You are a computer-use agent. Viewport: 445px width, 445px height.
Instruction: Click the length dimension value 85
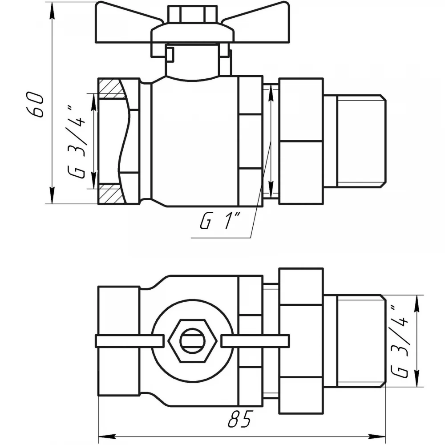pyautogui.click(x=240, y=418)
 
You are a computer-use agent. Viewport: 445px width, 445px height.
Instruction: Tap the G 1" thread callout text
pyautogui.click(x=221, y=222)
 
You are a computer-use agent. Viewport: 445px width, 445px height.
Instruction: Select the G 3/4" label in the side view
pyautogui.click(x=76, y=141)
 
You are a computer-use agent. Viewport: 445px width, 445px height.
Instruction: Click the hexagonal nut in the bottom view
pyautogui.click(x=192, y=340)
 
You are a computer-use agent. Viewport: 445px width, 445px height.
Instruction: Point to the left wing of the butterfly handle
pyautogui.click(x=128, y=23)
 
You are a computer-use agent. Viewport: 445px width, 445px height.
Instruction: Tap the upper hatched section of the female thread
pyautogui.click(x=111, y=89)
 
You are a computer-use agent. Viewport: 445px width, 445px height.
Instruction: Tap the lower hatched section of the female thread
pyautogui.click(x=111, y=194)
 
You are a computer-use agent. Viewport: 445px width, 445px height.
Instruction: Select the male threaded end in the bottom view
pyautogui.click(x=354, y=341)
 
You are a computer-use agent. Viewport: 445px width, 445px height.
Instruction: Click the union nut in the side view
pyautogui.click(x=301, y=141)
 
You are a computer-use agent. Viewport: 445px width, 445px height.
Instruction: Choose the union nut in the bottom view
pyautogui.click(x=301, y=340)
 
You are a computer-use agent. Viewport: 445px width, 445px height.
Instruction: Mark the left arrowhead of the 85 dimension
pyautogui.click(x=107, y=436)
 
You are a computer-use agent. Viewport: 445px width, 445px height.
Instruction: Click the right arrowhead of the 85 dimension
pyautogui.click(x=376, y=436)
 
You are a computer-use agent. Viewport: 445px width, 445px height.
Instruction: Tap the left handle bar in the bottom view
pyautogui.click(x=129, y=341)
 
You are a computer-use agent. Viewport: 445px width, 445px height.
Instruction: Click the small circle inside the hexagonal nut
pyautogui.click(x=192, y=341)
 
